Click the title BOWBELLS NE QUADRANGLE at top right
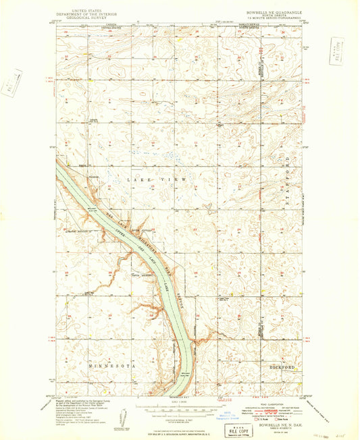point(273,11)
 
